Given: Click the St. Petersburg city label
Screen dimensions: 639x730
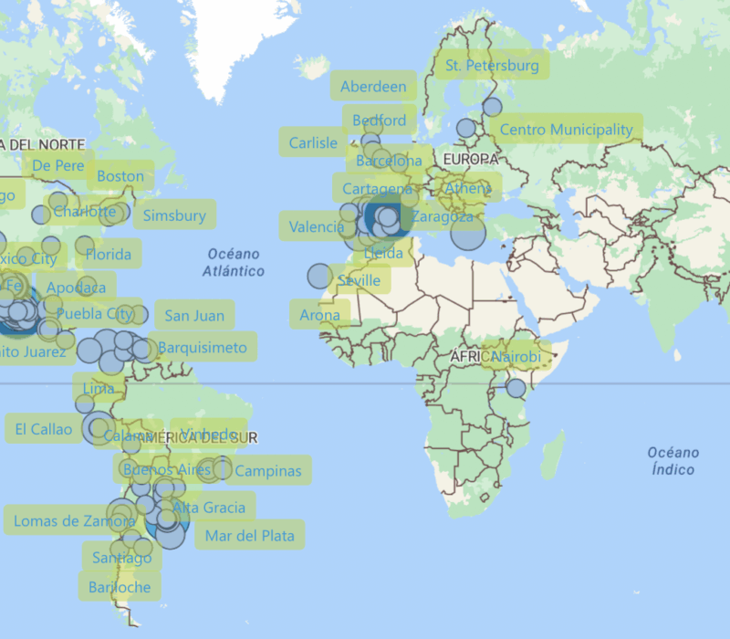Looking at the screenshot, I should [x=492, y=66].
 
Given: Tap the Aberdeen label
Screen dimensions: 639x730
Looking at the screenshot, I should [x=373, y=87].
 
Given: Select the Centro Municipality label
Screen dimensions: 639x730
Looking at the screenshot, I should [x=566, y=130].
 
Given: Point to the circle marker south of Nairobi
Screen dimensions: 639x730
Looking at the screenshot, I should [x=516, y=388].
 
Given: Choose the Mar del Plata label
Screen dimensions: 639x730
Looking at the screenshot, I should [x=250, y=536].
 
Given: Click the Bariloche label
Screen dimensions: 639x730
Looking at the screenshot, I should [x=120, y=587].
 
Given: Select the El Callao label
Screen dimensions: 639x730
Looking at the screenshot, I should [x=44, y=429].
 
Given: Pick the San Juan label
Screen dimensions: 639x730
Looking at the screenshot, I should [x=194, y=316].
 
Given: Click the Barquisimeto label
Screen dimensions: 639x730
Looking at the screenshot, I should [x=203, y=348].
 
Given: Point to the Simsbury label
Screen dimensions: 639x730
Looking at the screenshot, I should [x=174, y=216].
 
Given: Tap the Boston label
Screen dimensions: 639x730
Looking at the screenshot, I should [x=120, y=176].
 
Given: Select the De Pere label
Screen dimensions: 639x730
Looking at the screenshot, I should [x=58, y=166].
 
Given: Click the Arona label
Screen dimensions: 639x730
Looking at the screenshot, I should [x=320, y=316].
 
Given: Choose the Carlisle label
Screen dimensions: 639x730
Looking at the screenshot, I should [x=313, y=142].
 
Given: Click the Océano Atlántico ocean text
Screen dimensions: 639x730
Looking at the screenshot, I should [x=234, y=262].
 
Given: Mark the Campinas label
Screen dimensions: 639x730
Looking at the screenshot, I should [x=267, y=471].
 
